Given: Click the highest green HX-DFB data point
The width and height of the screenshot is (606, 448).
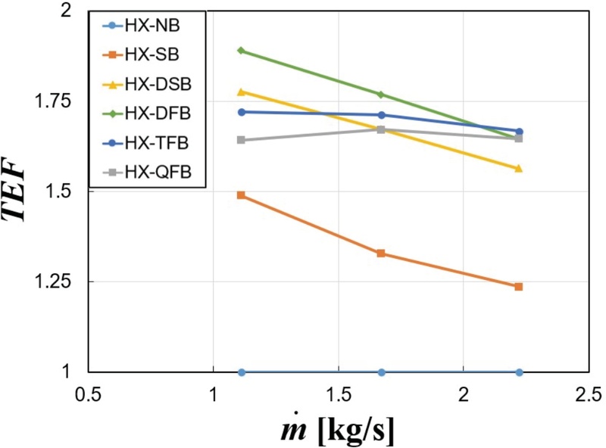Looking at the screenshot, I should (x=242, y=51).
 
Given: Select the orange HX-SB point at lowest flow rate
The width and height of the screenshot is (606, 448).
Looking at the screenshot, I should (x=242, y=195).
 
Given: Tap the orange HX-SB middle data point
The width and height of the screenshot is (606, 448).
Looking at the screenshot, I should (x=381, y=254).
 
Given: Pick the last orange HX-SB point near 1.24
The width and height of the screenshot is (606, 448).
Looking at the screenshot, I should (x=519, y=287).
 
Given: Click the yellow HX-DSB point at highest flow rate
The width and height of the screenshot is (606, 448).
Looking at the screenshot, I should (x=519, y=169).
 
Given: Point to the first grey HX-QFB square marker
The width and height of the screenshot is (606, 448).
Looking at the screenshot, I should (x=242, y=140).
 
